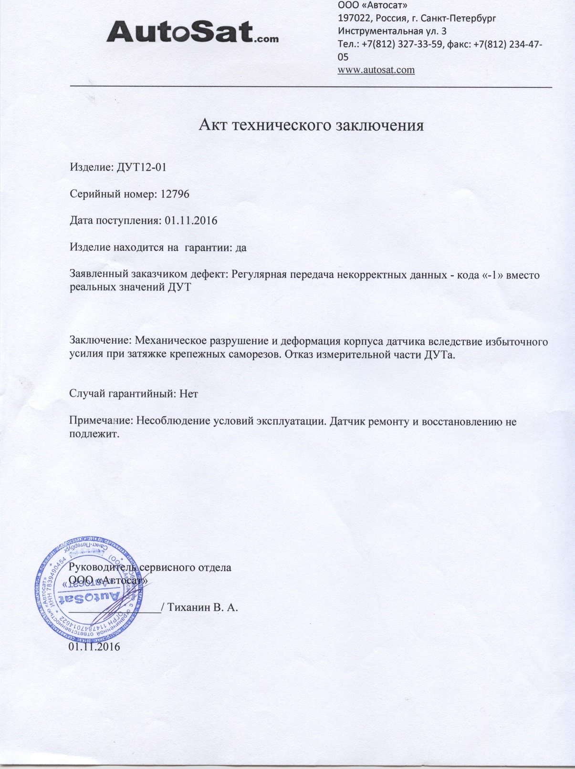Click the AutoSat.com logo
(x=192, y=32)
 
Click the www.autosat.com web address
(x=376, y=70)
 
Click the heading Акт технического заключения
(x=311, y=125)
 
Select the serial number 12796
(x=175, y=194)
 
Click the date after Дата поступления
(x=191, y=221)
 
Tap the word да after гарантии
(x=241, y=248)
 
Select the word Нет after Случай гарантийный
(x=188, y=394)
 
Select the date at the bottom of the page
(x=94, y=646)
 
